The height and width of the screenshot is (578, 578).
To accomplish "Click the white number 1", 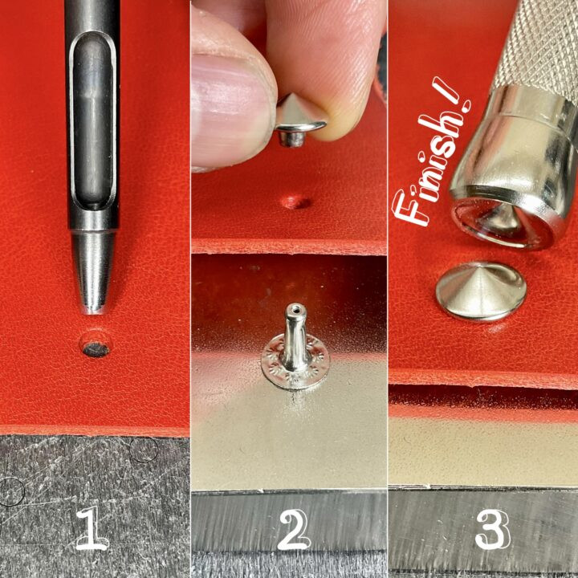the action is pos(92,528).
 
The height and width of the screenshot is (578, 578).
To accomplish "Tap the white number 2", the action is pos(293,530).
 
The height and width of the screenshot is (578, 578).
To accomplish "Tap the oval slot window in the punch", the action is pos(92,121).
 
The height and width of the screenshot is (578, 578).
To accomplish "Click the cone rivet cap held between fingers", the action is pos(299,119).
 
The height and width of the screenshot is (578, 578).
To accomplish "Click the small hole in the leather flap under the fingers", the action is pos(295,201).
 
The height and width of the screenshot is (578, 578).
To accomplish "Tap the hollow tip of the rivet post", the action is pos(296,307).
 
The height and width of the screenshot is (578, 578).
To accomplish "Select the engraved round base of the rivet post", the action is pos(295,362).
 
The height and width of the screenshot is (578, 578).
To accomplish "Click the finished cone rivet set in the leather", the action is pos(481,291).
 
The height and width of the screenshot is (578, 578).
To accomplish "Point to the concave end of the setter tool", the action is pos(503,222).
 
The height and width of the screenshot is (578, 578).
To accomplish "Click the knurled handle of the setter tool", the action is pos(538,44).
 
